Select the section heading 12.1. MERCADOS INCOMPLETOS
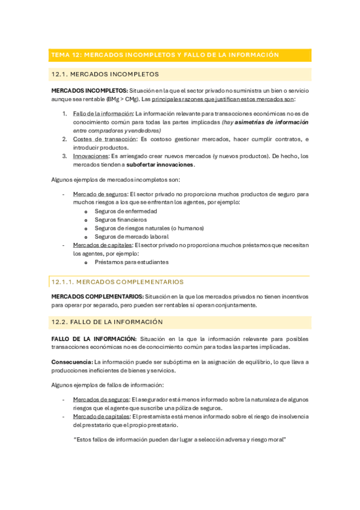[x=105, y=75]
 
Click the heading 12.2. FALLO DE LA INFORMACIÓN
[x=107, y=322]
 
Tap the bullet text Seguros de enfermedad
[x=126, y=211]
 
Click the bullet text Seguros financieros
[x=121, y=220]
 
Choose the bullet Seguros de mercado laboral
[x=131, y=236]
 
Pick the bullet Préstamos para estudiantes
[x=131, y=262]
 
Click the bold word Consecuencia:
[x=72, y=362]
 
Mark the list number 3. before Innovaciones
[x=65, y=156]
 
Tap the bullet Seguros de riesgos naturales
[x=149, y=228]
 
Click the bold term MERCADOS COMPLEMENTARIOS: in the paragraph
[x=97, y=296]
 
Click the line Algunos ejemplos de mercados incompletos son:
[x=115, y=179]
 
